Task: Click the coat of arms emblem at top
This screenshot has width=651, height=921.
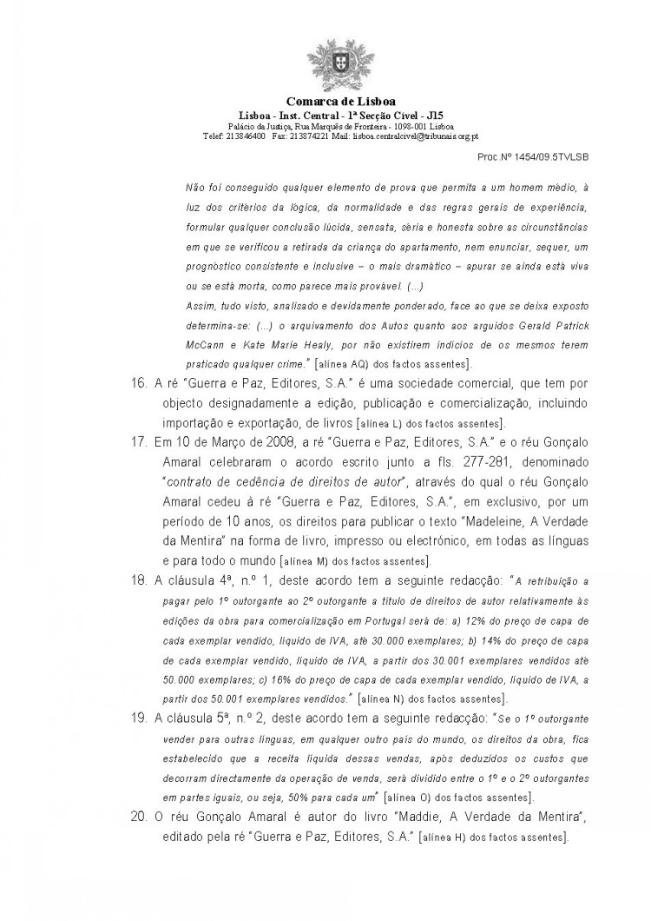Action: coord(325,66)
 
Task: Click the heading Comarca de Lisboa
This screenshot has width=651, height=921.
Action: coord(325,102)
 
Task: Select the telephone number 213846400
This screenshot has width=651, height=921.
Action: coord(246,136)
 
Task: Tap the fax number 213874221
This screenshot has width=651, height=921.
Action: coord(308,136)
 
